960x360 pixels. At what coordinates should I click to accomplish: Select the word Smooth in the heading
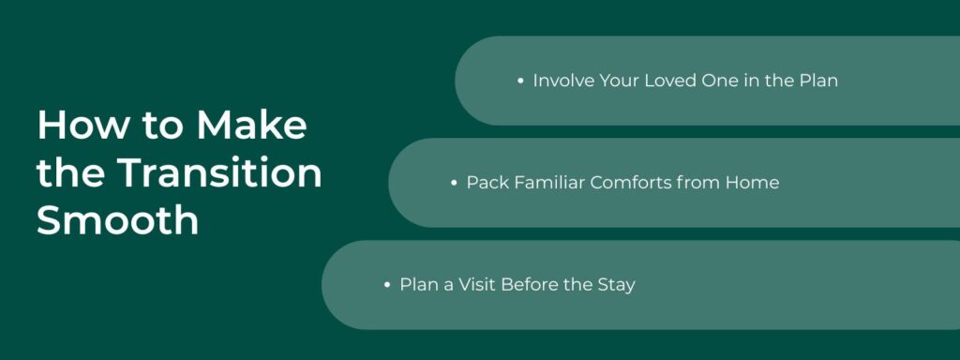(x=117, y=222)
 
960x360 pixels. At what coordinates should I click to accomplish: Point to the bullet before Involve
(x=520, y=82)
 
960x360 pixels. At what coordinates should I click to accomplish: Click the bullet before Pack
(x=454, y=183)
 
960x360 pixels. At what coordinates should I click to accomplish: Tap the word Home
(x=752, y=183)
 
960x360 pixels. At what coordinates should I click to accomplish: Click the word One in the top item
(x=720, y=81)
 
